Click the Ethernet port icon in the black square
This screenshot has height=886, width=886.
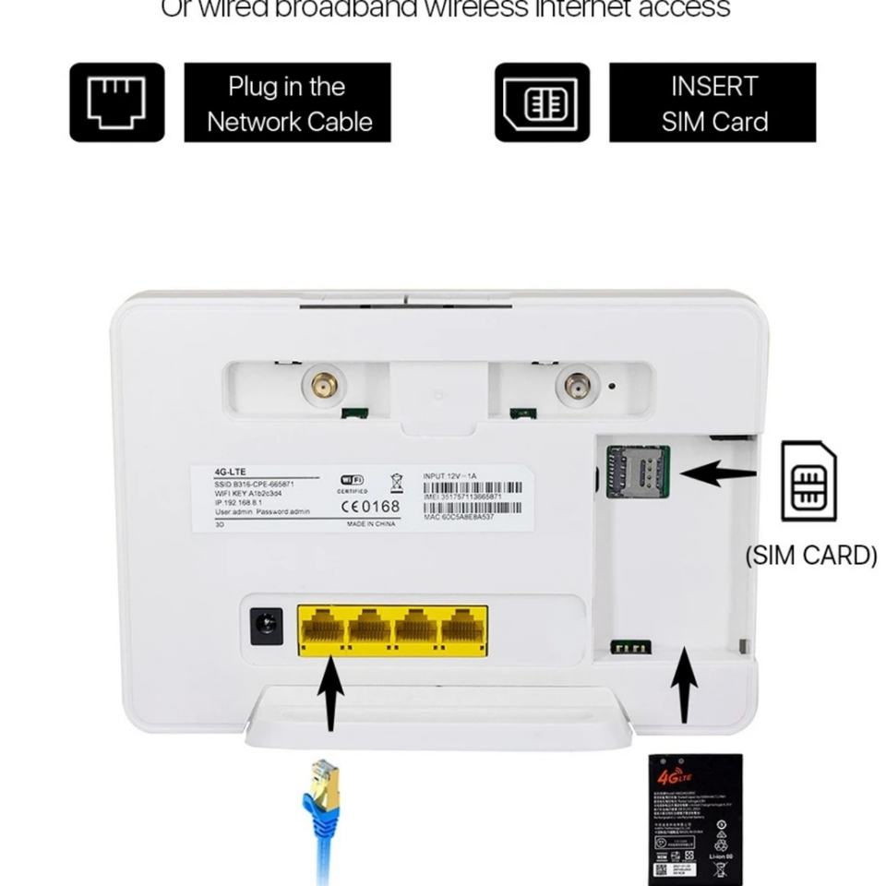[116, 102]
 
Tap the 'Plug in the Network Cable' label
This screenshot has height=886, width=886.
[288, 102]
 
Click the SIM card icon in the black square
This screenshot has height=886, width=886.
[542, 102]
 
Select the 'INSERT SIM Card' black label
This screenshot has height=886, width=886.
[712, 102]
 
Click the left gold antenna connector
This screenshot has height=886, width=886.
[323, 386]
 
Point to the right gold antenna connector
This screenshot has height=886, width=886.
[579, 386]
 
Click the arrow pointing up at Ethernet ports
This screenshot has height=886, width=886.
[330, 694]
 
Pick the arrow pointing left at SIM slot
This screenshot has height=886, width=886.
[717, 473]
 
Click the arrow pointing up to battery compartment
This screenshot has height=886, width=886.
[683, 688]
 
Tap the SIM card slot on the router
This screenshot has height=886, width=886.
[636, 470]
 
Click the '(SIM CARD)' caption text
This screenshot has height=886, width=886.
[810, 556]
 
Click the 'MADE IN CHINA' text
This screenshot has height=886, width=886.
[371, 523]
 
